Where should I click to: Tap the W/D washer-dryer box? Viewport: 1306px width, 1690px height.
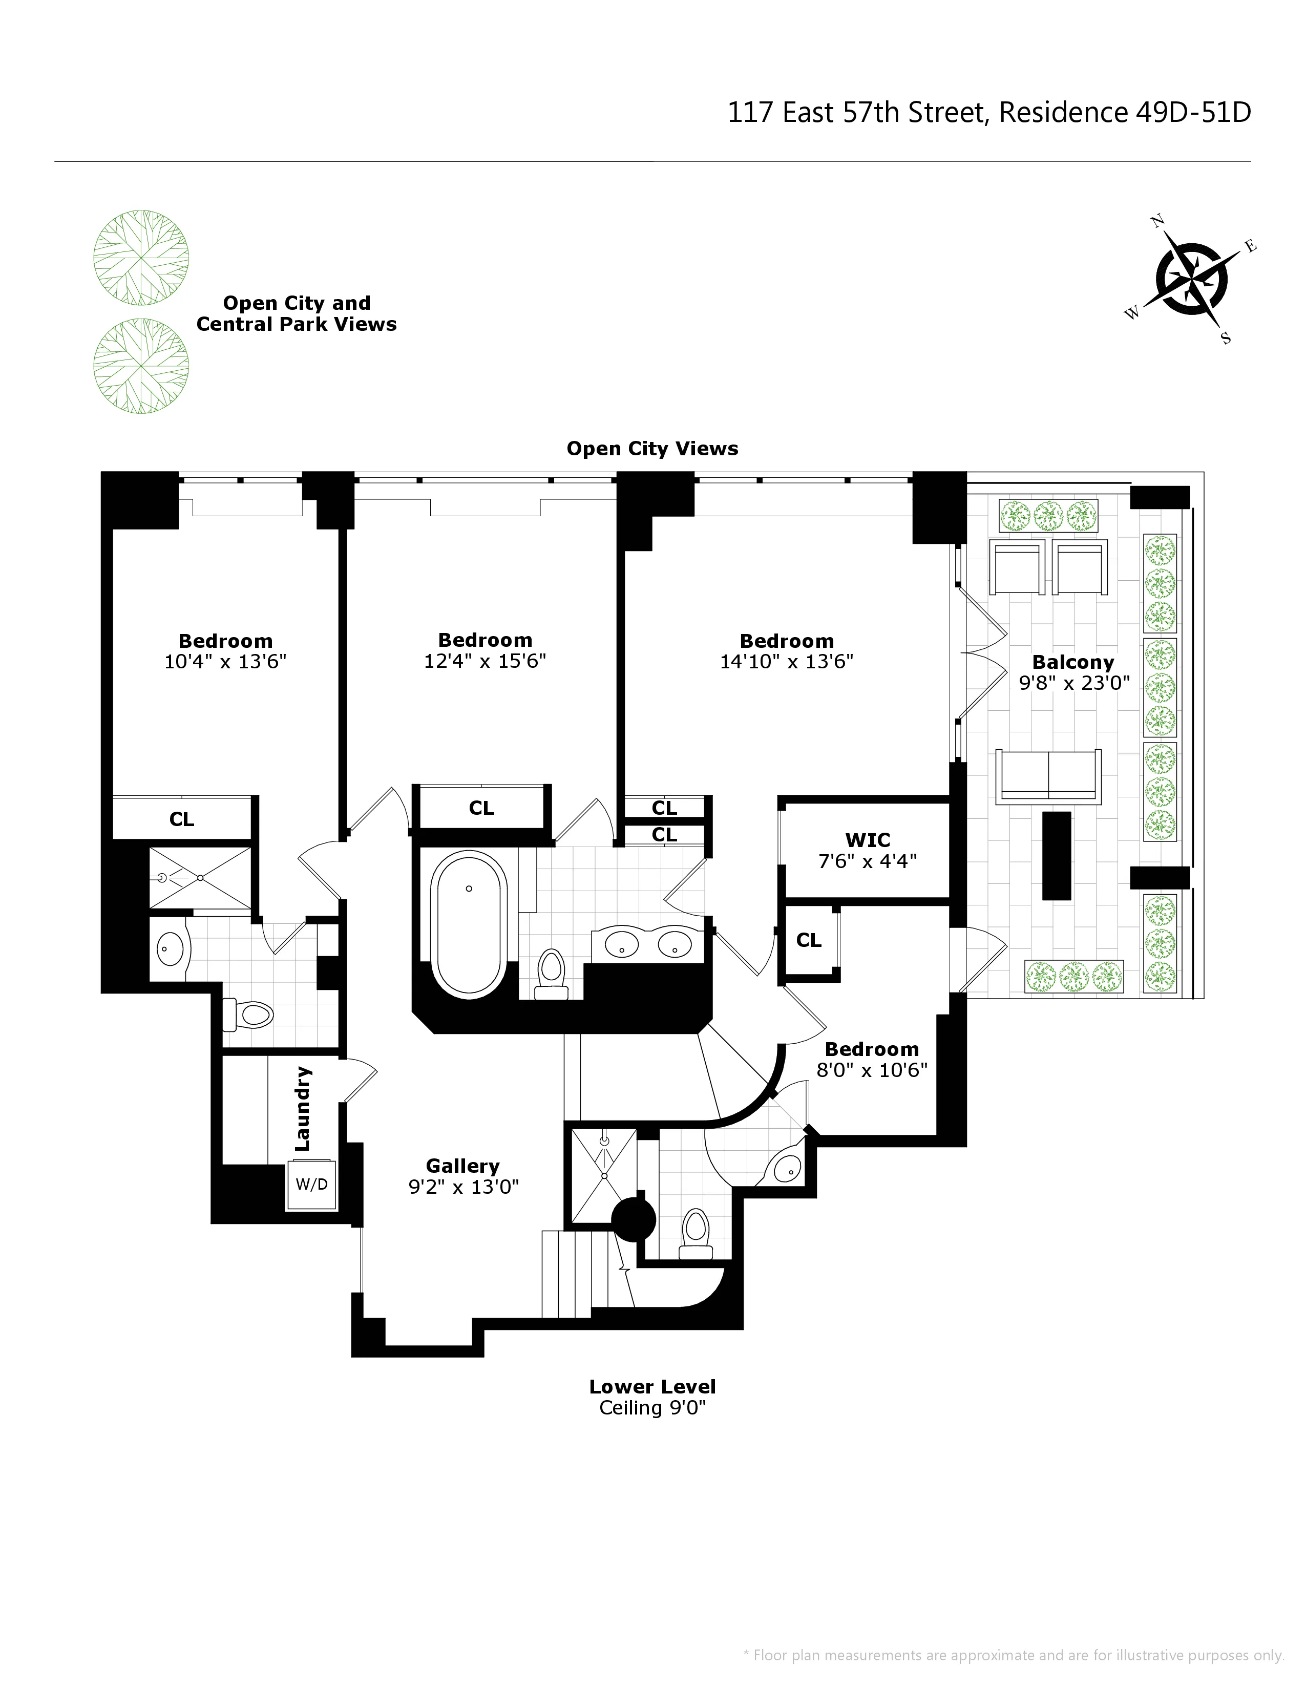coord(312,1185)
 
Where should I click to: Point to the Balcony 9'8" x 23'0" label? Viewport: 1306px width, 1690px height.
coord(1074,672)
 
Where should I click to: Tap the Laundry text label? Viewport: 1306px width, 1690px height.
coord(303,1108)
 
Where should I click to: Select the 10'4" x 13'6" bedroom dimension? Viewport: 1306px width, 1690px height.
coord(225,662)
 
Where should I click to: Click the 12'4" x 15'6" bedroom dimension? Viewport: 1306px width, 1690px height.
coord(485,661)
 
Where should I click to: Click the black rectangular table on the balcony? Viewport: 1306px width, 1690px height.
coord(1056,855)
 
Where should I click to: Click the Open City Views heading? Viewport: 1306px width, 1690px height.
coord(652,449)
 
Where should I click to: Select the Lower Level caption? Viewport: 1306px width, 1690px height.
coord(652,1387)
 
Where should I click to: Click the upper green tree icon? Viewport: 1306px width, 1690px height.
coord(141,257)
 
